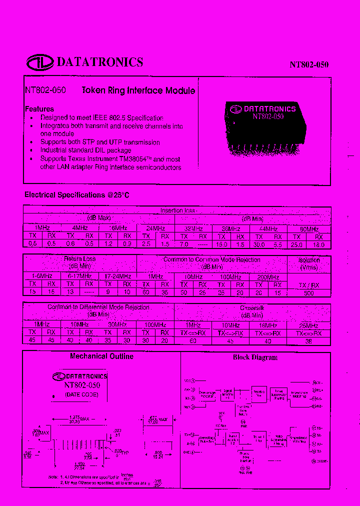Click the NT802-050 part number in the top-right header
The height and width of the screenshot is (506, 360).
click(309, 65)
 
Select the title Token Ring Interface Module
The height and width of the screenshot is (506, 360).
click(138, 90)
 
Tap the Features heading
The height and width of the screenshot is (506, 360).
click(39, 109)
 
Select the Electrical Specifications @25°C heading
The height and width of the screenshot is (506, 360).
click(77, 195)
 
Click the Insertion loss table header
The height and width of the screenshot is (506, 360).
click(177, 210)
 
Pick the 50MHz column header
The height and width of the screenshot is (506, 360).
click(309, 228)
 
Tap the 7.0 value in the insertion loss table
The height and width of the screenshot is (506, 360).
click(183, 244)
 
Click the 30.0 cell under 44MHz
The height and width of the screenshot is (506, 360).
click(259, 244)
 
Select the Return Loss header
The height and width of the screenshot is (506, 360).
click(79, 259)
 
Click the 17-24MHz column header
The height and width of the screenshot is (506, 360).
click(117, 276)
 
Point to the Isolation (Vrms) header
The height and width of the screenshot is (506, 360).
click(309, 263)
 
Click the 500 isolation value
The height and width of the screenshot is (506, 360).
click(309, 292)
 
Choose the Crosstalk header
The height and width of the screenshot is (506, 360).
click(252, 308)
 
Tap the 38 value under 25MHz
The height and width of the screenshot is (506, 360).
click(309, 341)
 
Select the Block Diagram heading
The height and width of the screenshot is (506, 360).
click(255, 357)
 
